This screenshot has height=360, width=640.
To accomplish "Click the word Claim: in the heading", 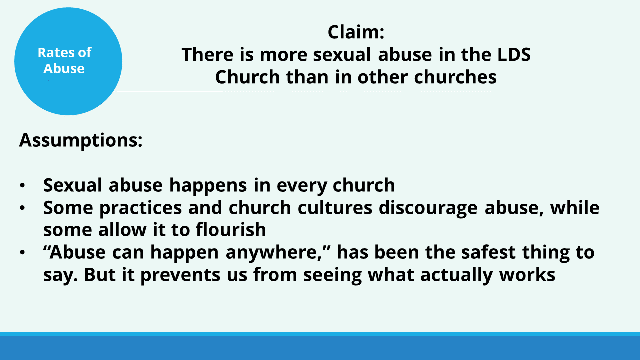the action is (x=356, y=32).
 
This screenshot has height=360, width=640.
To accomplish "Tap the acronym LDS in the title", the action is (x=514, y=54).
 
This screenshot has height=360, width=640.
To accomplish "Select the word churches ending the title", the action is (x=455, y=77).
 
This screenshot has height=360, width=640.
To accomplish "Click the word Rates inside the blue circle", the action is (x=55, y=53).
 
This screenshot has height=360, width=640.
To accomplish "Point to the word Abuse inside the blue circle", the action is (x=64, y=69).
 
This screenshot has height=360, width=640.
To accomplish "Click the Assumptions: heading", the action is (x=81, y=140).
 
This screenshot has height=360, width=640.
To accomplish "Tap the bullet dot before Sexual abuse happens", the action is (x=22, y=185).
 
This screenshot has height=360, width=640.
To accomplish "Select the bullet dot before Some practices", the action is (x=22, y=208).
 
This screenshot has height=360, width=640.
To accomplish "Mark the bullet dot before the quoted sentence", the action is (x=22, y=252).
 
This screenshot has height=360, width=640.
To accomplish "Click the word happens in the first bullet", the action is (x=208, y=186).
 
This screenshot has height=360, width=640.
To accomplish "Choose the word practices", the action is (x=141, y=208).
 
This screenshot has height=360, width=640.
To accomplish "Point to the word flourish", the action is (x=231, y=230).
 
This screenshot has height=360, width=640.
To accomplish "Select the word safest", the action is (x=488, y=252).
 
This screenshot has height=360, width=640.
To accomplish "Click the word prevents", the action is (x=180, y=275).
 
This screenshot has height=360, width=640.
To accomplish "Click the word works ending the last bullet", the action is (x=527, y=275).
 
